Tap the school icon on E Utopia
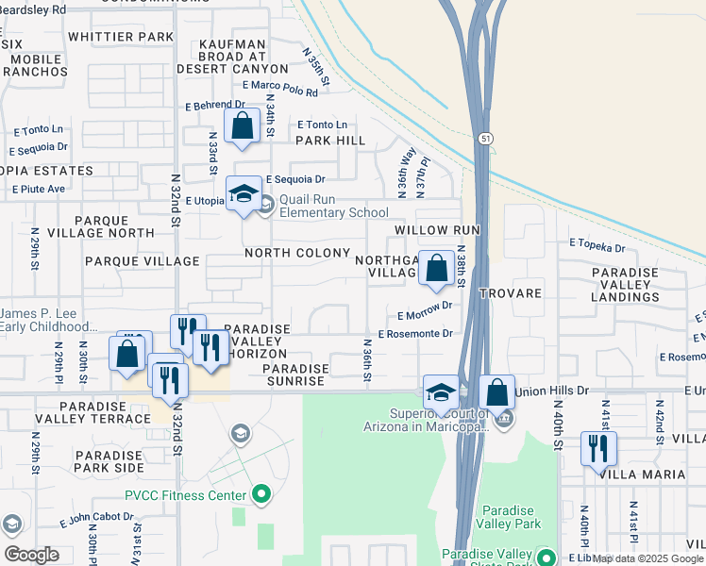pos(244,194)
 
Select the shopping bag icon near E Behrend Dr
pos(243,125)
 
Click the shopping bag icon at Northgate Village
pos(437,267)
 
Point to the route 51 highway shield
pos(484,138)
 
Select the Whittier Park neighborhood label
pos(121,37)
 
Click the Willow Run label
pos(438,230)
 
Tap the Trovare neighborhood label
pos(510,293)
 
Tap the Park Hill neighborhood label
pos(329,141)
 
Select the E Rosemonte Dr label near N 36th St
pos(416,333)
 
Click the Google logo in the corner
pos(31,555)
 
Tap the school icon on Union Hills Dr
pos(441,391)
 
